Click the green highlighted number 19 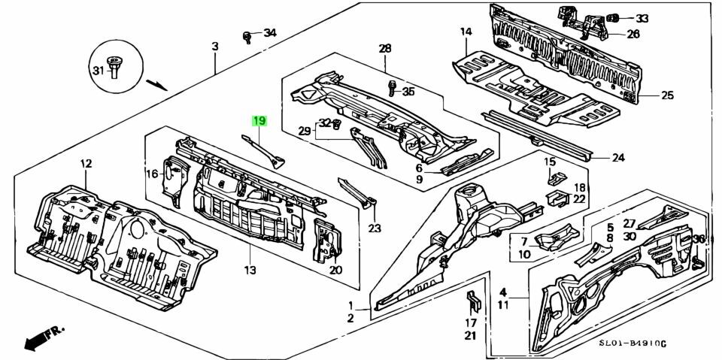(x=259, y=120)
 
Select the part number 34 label (x=269, y=32)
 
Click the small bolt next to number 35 (x=391, y=89)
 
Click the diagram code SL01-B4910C (x=633, y=343)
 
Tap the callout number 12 (x=86, y=164)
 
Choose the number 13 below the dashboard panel (x=250, y=270)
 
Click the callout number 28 (x=385, y=49)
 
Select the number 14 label (x=466, y=32)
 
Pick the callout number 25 (x=667, y=95)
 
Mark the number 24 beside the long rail (x=617, y=158)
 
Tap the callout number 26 (x=633, y=34)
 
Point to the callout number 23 (x=375, y=229)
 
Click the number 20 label (x=335, y=271)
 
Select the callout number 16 (x=151, y=173)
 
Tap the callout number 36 (x=699, y=239)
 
